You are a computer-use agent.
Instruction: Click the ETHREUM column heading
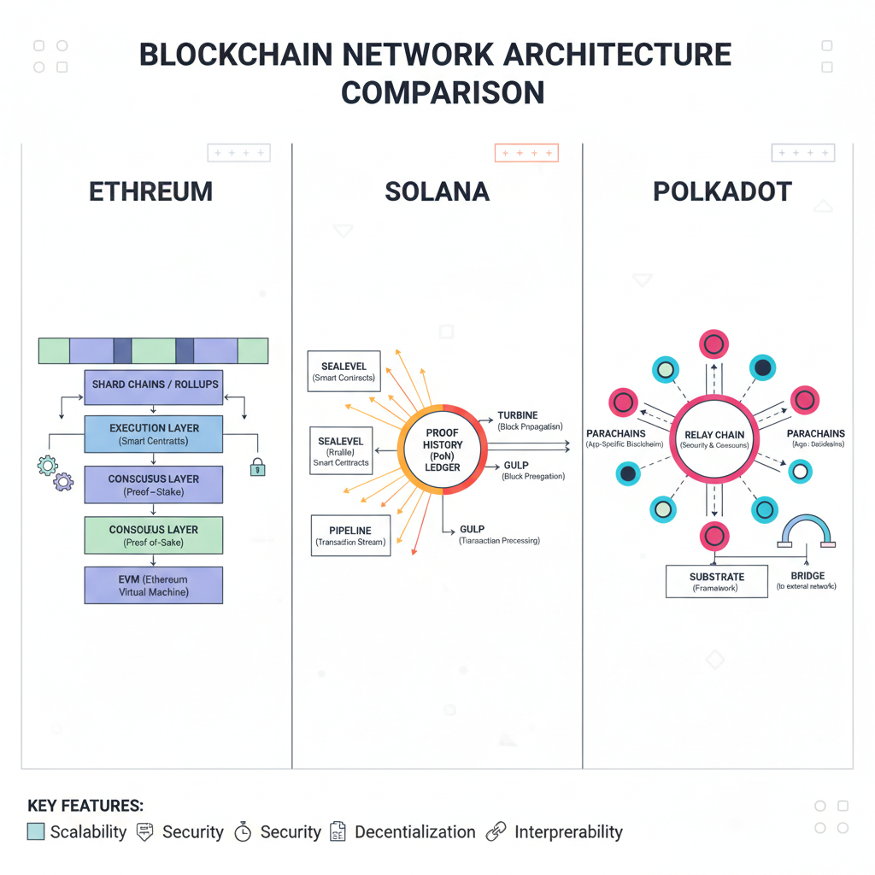150,191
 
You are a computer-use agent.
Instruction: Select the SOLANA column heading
437,191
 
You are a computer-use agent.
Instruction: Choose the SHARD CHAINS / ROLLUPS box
154,385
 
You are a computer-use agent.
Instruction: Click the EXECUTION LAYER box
154,434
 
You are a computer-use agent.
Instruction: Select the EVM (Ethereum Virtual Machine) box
154,585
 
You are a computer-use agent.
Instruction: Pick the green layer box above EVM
154,536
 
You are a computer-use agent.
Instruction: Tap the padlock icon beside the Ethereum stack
257,467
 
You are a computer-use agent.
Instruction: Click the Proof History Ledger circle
443,449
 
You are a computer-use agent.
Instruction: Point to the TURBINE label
518,416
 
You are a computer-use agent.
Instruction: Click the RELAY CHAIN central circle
714,439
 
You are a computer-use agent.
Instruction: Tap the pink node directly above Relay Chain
714,344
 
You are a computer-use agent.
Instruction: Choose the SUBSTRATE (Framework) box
716,582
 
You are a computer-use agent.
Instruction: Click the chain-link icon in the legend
496,831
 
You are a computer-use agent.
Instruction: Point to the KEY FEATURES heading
85,806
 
